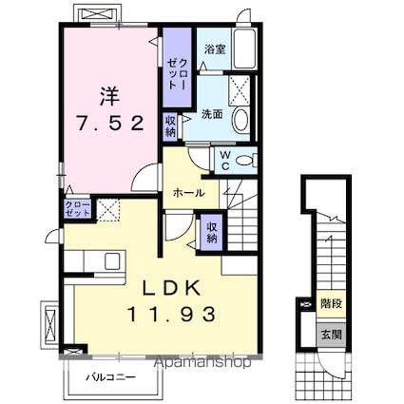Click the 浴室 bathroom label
tap(215, 49)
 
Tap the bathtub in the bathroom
tap(244, 48)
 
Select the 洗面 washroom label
tap(212, 114)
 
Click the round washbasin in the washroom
tap(241, 120)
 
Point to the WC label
tap(224, 161)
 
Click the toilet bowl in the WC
tap(245, 161)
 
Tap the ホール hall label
tap(189, 192)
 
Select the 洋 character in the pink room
tap(110, 96)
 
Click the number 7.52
tap(110, 123)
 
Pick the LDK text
tap(171, 288)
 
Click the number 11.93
tap(171, 315)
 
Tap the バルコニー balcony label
tap(111, 377)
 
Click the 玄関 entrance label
tap(332, 335)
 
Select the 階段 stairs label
tap(332, 303)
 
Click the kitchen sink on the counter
tap(112, 261)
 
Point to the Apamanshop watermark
tap(202, 362)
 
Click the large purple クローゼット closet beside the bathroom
tap(177, 67)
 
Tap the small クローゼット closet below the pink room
tap(77, 208)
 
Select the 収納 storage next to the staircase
tap(211, 232)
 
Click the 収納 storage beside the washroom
tap(170, 126)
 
